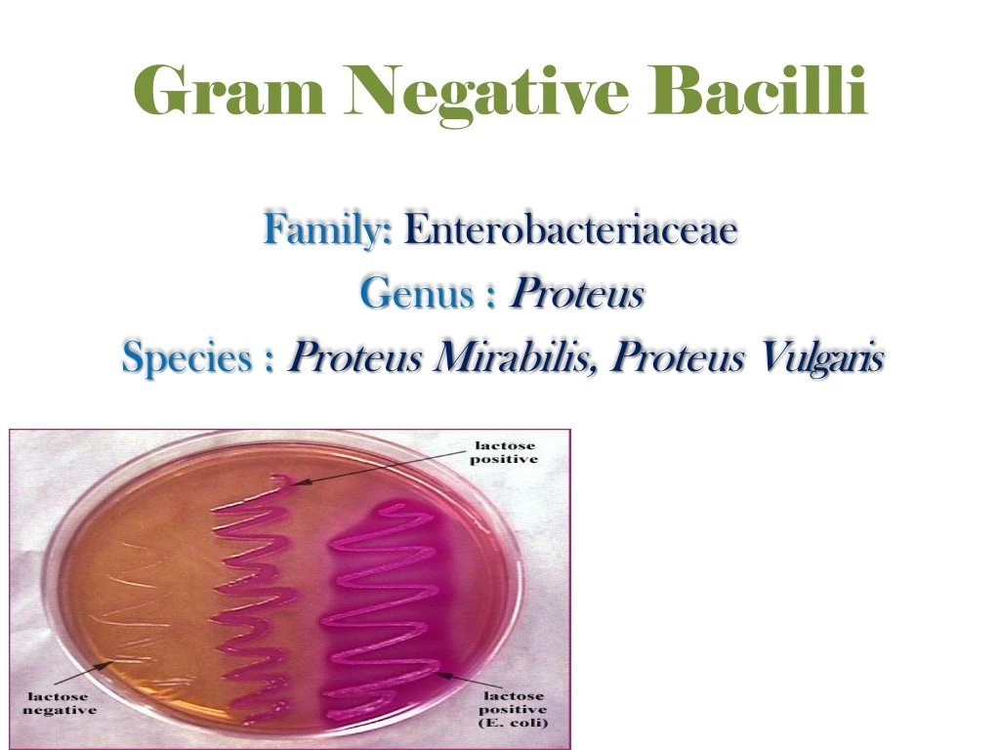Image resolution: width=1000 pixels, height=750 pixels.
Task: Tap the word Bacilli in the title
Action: tap(768, 91)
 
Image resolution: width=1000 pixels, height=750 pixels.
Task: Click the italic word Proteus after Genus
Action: tap(578, 292)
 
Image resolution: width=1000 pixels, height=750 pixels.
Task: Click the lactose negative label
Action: tap(60, 703)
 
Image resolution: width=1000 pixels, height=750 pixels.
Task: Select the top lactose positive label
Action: tap(504, 452)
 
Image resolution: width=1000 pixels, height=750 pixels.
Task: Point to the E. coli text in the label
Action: tap(514, 723)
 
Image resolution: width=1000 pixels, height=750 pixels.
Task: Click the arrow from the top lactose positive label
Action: tap(381, 468)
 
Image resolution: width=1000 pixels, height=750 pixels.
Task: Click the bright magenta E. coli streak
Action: tap(386, 605)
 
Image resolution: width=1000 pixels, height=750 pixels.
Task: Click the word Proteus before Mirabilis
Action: tap(355, 358)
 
